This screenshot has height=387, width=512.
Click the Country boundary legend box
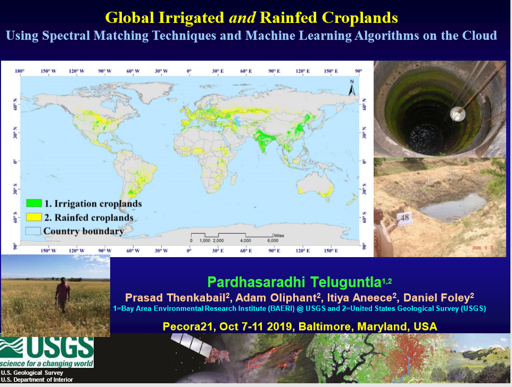[34, 231]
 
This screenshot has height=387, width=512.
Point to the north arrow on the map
[351, 88]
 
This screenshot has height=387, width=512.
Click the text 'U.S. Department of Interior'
[37, 380]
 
